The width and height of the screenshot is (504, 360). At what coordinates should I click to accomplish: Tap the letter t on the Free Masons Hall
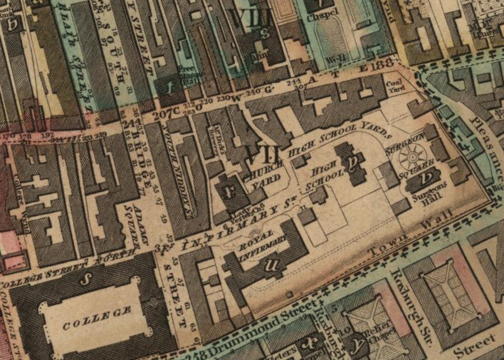click(x=170, y=87)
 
